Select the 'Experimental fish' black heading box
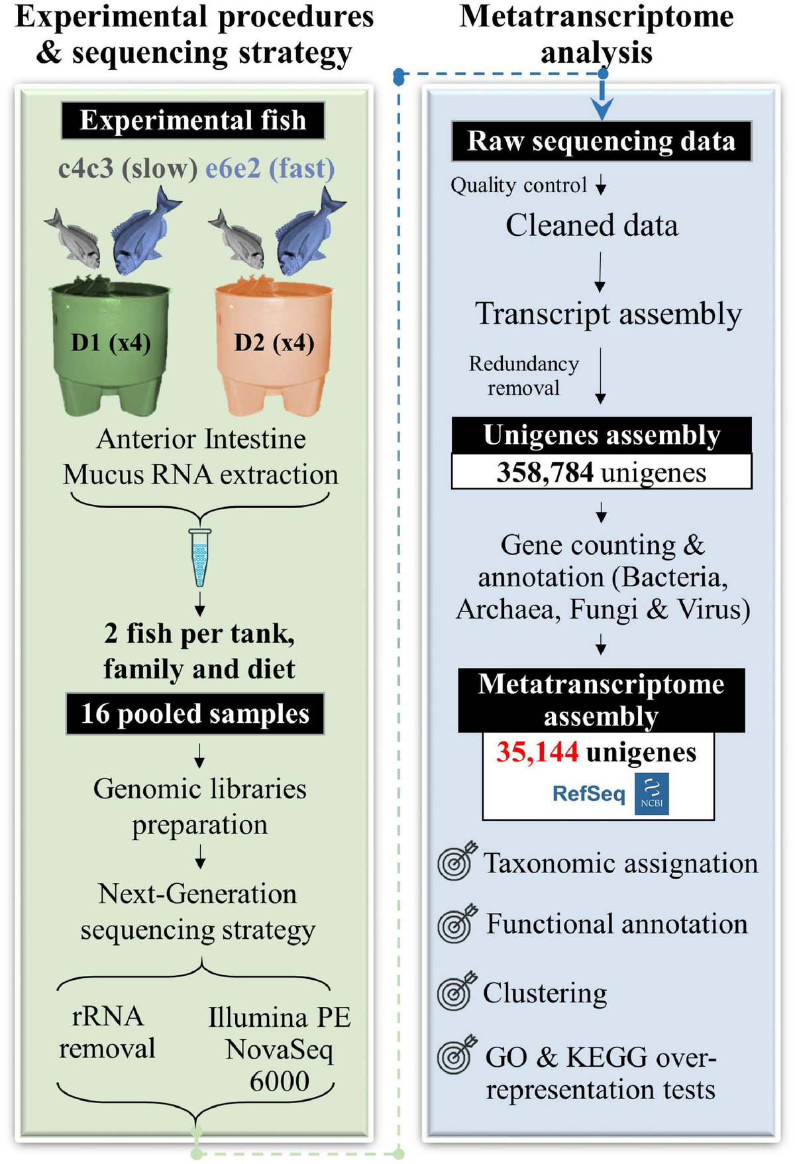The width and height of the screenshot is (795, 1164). (x=193, y=121)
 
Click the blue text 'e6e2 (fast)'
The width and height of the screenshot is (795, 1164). (x=270, y=168)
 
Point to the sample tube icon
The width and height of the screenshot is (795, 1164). (x=199, y=556)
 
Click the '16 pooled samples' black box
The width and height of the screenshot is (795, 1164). (x=195, y=714)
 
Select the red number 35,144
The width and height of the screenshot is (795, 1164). (x=537, y=752)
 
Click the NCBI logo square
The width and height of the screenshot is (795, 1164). (x=651, y=793)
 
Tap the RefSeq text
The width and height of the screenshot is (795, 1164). (x=588, y=793)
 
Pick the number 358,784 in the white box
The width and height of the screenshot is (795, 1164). (x=545, y=472)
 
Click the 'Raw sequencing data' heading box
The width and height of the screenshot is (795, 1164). (x=601, y=141)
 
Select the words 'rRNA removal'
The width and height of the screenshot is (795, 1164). (x=107, y=1032)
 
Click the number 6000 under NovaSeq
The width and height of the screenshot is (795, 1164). (x=279, y=1081)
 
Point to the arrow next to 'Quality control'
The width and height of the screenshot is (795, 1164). (x=601, y=185)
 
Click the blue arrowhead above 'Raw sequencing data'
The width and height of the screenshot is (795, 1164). (x=602, y=108)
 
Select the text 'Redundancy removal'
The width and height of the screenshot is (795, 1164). (x=523, y=376)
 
